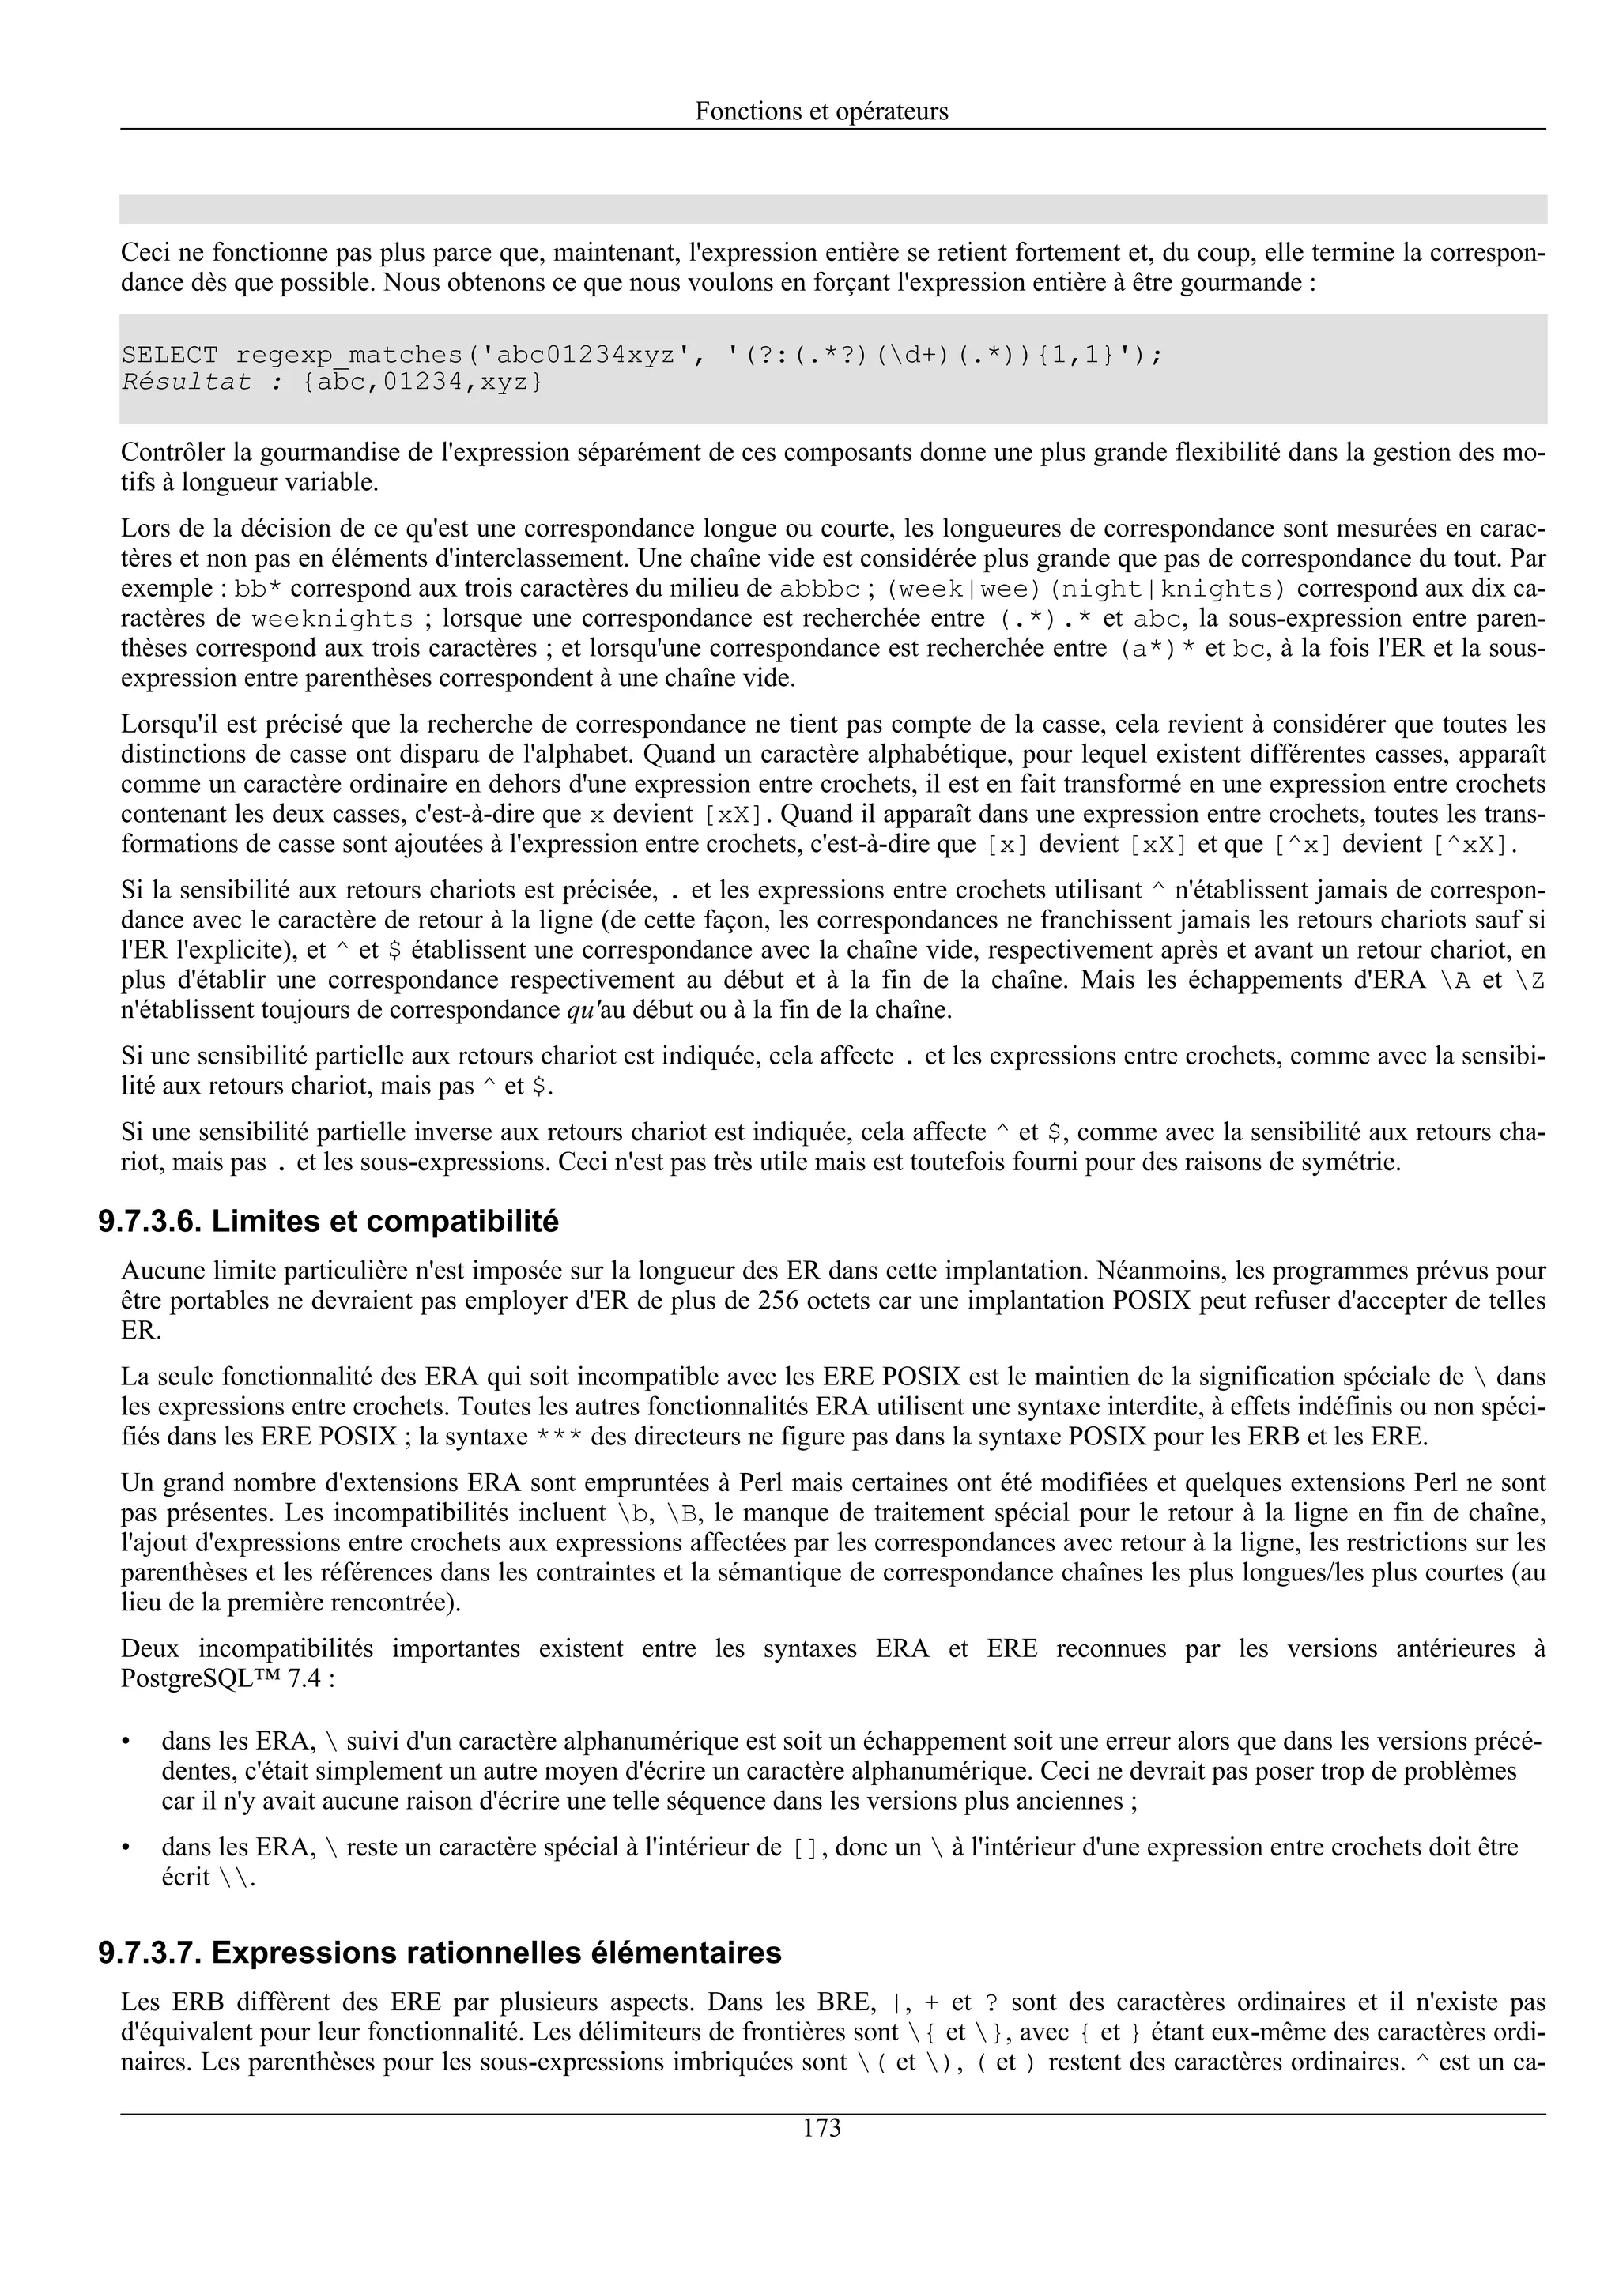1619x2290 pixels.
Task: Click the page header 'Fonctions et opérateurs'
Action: [821, 111]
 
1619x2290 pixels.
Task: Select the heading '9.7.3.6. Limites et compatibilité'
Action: [328, 1222]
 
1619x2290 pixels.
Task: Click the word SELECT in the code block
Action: [170, 355]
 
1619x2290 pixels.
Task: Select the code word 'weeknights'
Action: [332, 620]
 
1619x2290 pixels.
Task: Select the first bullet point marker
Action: [126, 1742]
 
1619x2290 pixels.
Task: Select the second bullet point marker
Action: [126, 1848]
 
